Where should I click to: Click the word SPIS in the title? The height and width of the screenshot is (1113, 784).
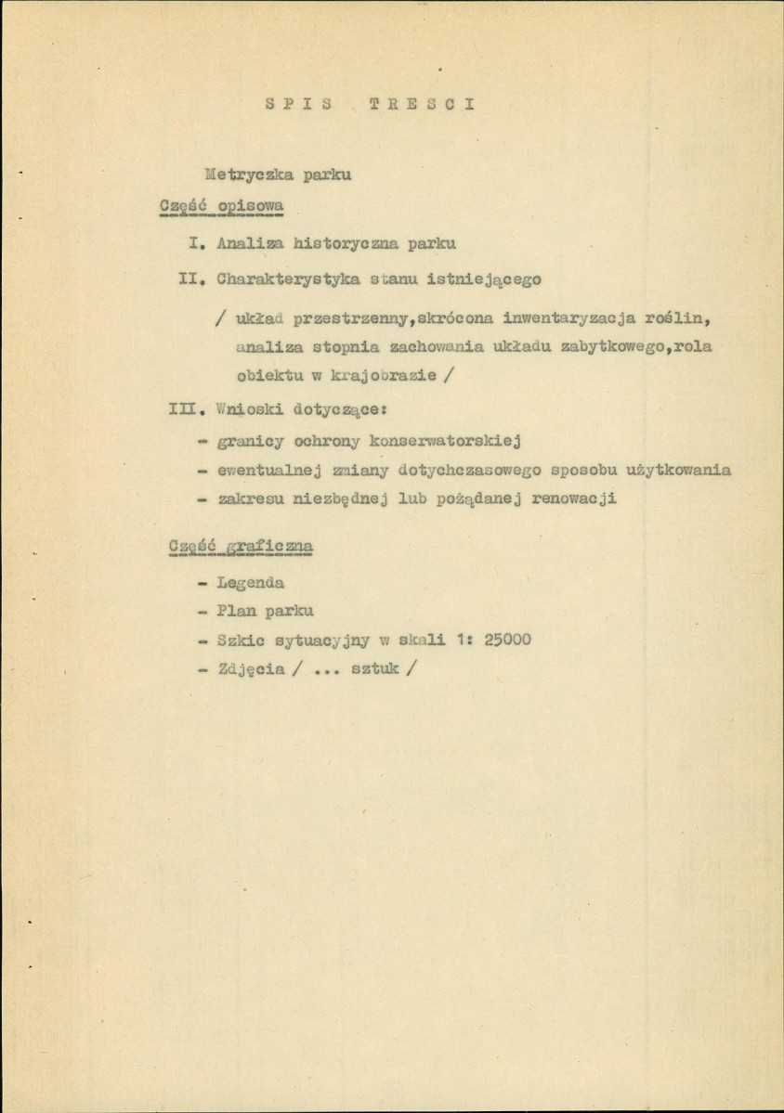click(x=297, y=104)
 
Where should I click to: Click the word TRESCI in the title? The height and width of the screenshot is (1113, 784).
click(x=423, y=104)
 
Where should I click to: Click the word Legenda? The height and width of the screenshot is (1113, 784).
click(x=250, y=583)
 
